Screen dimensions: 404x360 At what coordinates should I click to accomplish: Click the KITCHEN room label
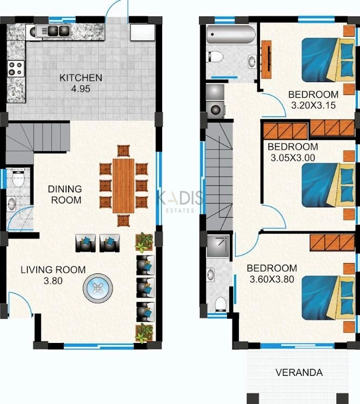pos(81,78)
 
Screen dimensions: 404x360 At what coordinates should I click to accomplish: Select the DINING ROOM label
pos(65,194)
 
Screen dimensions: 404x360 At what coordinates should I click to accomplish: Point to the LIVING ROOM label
pos(53,270)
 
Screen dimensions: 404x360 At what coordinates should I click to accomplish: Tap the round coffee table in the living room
pos(98,288)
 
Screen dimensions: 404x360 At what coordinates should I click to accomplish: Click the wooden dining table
pos(123,185)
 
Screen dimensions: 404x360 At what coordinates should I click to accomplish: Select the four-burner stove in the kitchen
pos(16,69)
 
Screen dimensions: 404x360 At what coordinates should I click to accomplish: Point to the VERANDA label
pos(299,372)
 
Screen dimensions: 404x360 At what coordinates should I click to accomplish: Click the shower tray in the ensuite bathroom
pos(219,246)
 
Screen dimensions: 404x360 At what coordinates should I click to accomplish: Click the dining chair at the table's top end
pos(124,150)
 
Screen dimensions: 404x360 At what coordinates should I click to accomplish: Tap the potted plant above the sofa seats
pos(144,243)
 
